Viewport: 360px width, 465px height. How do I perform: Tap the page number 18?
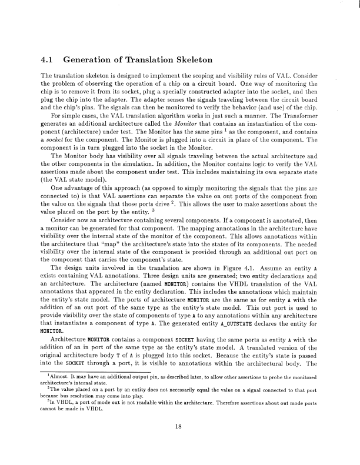tap(180, 443)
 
